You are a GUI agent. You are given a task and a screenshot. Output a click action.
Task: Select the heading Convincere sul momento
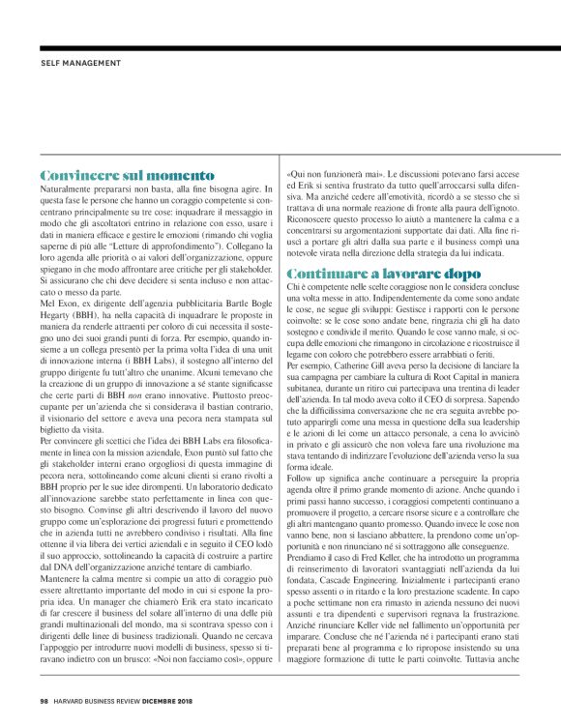pyautogui.click(x=127, y=175)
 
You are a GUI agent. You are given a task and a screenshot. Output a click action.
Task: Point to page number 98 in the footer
pyautogui.click(x=44, y=701)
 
